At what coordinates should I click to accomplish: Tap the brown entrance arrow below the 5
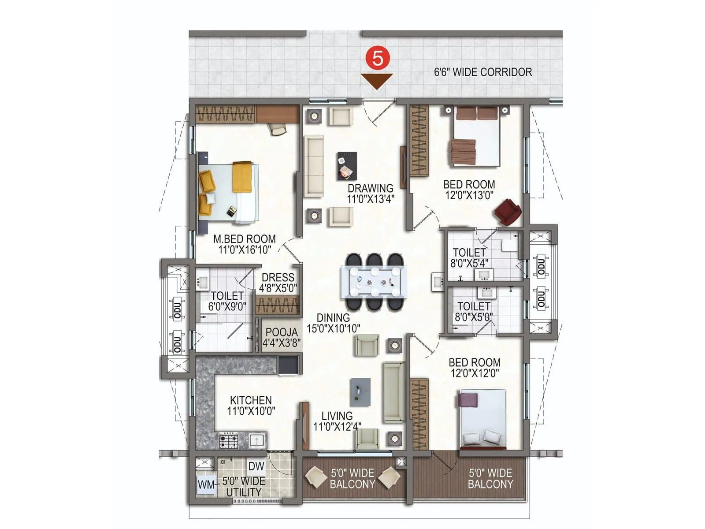tap(377, 81)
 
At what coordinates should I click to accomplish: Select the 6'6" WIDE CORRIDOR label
tap(483, 72)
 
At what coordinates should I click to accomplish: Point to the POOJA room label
tap(282, 332)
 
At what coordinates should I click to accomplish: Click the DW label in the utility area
tap(256, 466)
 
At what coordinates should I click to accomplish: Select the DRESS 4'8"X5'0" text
tap(278, 283)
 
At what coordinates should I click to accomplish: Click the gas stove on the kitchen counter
tap(229, 440)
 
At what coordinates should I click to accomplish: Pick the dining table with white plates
tap(374, 281)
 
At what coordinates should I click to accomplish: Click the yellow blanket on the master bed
tap(242, 177)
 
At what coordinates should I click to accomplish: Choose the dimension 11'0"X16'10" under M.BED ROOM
tap(245, 250)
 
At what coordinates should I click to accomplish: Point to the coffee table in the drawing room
tap(347, 166)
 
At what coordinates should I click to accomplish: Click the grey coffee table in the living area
tap(360, 392)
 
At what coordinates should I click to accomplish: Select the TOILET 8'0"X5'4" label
tap(469, 258)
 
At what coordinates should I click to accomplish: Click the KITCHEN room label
tap(251, 400)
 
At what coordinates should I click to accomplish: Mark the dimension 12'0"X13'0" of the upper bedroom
tap(469, 195)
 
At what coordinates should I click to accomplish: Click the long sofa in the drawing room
tap(314, 166)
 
